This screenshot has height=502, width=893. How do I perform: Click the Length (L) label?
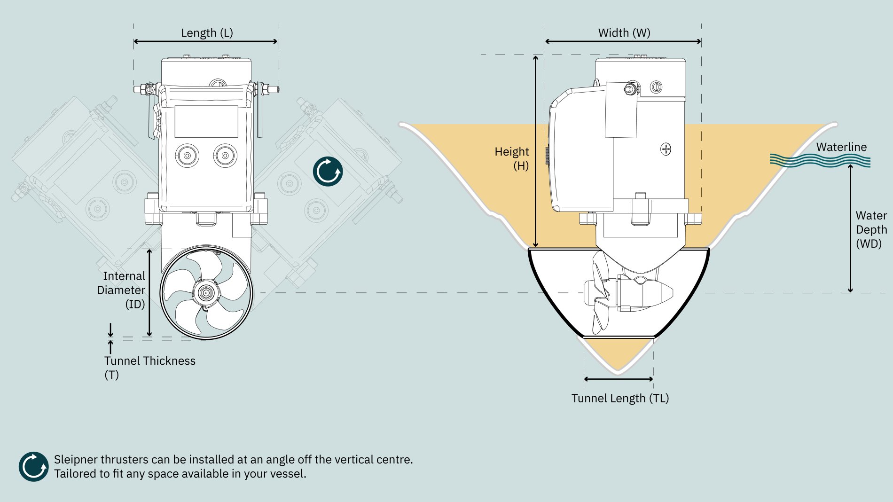point(207,33)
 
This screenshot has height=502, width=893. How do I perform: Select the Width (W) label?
point(624,33)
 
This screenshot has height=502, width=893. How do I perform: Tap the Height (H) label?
point(512,158)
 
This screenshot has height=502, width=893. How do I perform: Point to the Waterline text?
point(841,147)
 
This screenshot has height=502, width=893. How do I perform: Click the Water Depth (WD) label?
point(871,229)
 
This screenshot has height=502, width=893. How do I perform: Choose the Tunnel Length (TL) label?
point(620,399)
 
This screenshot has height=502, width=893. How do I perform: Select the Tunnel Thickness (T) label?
point(149,368)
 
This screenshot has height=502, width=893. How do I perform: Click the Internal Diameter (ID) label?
point(121,290)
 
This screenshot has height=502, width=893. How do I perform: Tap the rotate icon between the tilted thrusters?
point(328,172)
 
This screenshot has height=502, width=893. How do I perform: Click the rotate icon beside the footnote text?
point(33,467)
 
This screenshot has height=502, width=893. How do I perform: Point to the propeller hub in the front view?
point(206,293)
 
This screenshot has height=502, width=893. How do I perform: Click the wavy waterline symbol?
point(820,161)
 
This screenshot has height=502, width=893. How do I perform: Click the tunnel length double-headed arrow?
point(619,379)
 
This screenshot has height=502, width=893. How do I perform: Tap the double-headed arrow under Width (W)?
point(623,41)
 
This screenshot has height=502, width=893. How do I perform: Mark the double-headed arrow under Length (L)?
point(206,41)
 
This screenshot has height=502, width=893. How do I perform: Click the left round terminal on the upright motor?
point(187,155)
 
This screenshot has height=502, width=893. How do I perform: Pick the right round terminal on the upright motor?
point(225,155)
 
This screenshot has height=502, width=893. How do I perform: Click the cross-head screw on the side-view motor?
point(666,149)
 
